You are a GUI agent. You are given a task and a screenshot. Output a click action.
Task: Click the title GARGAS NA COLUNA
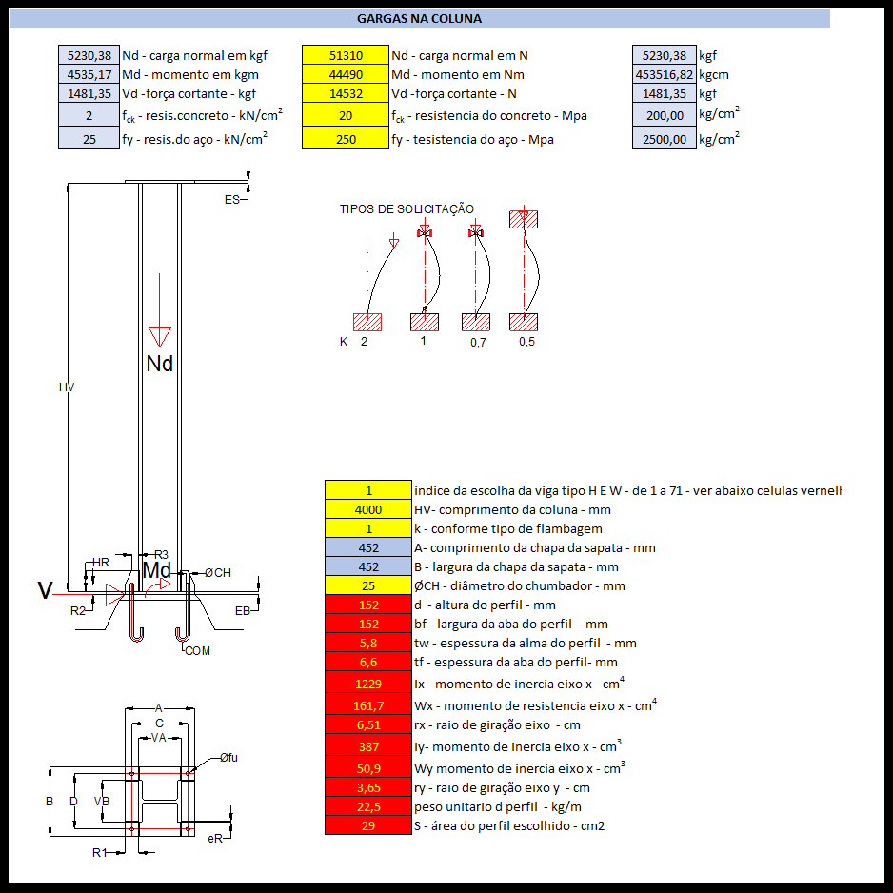click(419, 18)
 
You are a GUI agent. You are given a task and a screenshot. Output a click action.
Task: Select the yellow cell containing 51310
click(346, 56)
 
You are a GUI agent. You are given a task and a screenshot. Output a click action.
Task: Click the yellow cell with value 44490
click(346, 75)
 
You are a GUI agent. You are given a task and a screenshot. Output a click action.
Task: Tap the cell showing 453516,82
click(664, 75)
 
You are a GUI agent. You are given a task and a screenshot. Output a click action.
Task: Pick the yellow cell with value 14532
click(346, 94)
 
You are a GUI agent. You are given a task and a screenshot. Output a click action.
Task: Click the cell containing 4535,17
click(89, 75)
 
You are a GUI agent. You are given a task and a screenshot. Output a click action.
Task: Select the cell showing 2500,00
click(664, 139)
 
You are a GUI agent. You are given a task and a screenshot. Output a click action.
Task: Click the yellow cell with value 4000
click(368, 509)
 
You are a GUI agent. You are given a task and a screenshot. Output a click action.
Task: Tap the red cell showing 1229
click(368, 684)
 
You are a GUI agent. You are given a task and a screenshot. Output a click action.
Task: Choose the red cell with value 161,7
click(368, 705)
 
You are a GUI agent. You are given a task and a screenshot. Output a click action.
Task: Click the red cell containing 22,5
click(368, 806)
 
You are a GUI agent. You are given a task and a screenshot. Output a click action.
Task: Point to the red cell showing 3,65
click(368, 787)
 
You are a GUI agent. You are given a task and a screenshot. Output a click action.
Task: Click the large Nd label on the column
click(160, 364)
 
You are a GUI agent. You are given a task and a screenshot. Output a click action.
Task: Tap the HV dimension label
click(67, 387)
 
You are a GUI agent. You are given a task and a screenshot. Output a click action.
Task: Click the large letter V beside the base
click(45, 591)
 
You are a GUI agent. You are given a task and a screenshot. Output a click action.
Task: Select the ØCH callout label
click(218, 572)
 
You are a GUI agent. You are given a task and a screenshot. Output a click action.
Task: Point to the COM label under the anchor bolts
click(198, 651)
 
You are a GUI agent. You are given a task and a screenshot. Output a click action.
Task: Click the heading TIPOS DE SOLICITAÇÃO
click(407, 209)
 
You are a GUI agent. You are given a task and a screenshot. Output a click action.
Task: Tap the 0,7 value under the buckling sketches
click(478, 343)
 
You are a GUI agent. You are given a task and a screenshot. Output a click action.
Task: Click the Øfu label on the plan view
click(228, 758)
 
